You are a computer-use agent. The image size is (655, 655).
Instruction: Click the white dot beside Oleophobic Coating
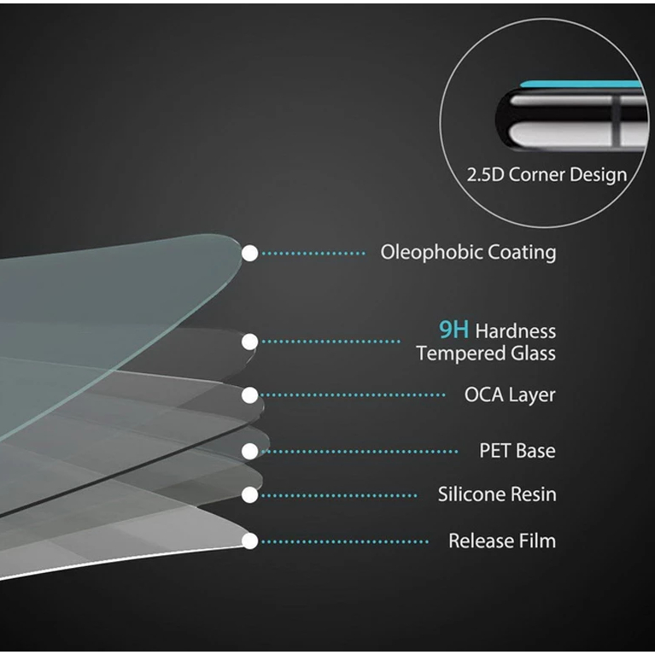(250, 254)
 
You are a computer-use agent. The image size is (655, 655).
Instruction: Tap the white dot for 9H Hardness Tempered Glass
(249, 342)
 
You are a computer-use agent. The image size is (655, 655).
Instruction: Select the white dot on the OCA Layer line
(250, 395)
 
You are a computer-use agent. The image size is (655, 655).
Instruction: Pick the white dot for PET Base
(250, 451)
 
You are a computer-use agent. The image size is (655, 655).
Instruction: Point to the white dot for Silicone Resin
(250, 494)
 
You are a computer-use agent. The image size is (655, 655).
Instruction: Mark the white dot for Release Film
(250, 541)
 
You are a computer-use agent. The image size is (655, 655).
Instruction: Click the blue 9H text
(453, 330)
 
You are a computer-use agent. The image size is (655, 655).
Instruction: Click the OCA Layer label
(509, 395)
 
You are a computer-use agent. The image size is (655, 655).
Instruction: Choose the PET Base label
(517, 451)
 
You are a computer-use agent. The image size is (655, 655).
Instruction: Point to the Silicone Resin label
(496, 494)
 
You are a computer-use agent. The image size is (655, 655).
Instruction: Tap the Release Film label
(501, 541)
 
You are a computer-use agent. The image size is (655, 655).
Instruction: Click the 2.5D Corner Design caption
(547, 175)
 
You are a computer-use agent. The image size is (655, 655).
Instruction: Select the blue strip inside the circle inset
(581, 85)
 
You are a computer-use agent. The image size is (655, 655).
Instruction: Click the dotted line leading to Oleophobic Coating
(314, 254)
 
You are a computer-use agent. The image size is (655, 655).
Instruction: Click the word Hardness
(515, 331)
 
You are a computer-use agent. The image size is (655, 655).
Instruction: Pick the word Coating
(522, 253)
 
